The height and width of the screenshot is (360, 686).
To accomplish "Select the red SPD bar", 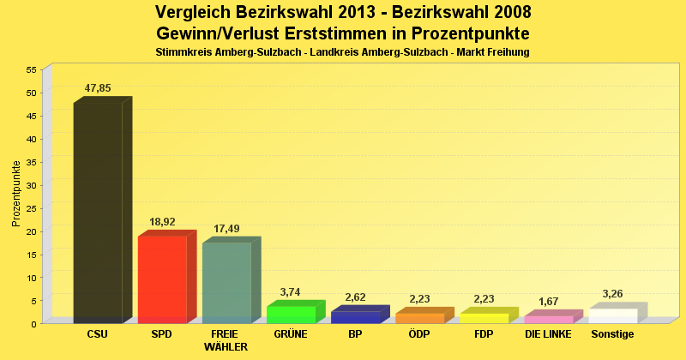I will pos(162,279).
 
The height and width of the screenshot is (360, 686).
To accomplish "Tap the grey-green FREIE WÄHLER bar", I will pos(226,283).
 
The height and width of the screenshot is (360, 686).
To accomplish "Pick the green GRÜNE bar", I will pos(291,315).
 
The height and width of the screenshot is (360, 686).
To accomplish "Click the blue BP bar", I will pos(355,317).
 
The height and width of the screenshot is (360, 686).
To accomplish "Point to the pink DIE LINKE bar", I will pos(549,320).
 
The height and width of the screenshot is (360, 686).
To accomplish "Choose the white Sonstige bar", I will pos(613,315).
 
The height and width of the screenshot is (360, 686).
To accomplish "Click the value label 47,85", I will pos(98,88).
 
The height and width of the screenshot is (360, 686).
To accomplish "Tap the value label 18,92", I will pos(162,222).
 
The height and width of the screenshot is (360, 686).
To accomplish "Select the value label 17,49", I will pos(226,229).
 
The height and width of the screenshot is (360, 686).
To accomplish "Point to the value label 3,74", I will pos(291,292).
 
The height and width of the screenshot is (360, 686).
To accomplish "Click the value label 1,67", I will pos(549,302).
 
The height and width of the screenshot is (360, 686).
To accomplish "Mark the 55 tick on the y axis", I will pos(32,69).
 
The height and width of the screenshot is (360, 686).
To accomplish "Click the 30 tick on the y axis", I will pos(32,185).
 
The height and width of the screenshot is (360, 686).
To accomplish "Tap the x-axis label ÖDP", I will pos(419,334).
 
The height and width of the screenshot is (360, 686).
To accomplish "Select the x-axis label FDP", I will pos(484,334).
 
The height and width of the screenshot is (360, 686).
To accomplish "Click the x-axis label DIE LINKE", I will pos(548,334).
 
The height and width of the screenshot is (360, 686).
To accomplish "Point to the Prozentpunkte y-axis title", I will pos(16,194).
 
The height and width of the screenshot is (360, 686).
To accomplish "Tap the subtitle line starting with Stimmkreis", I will pos(342,52).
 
